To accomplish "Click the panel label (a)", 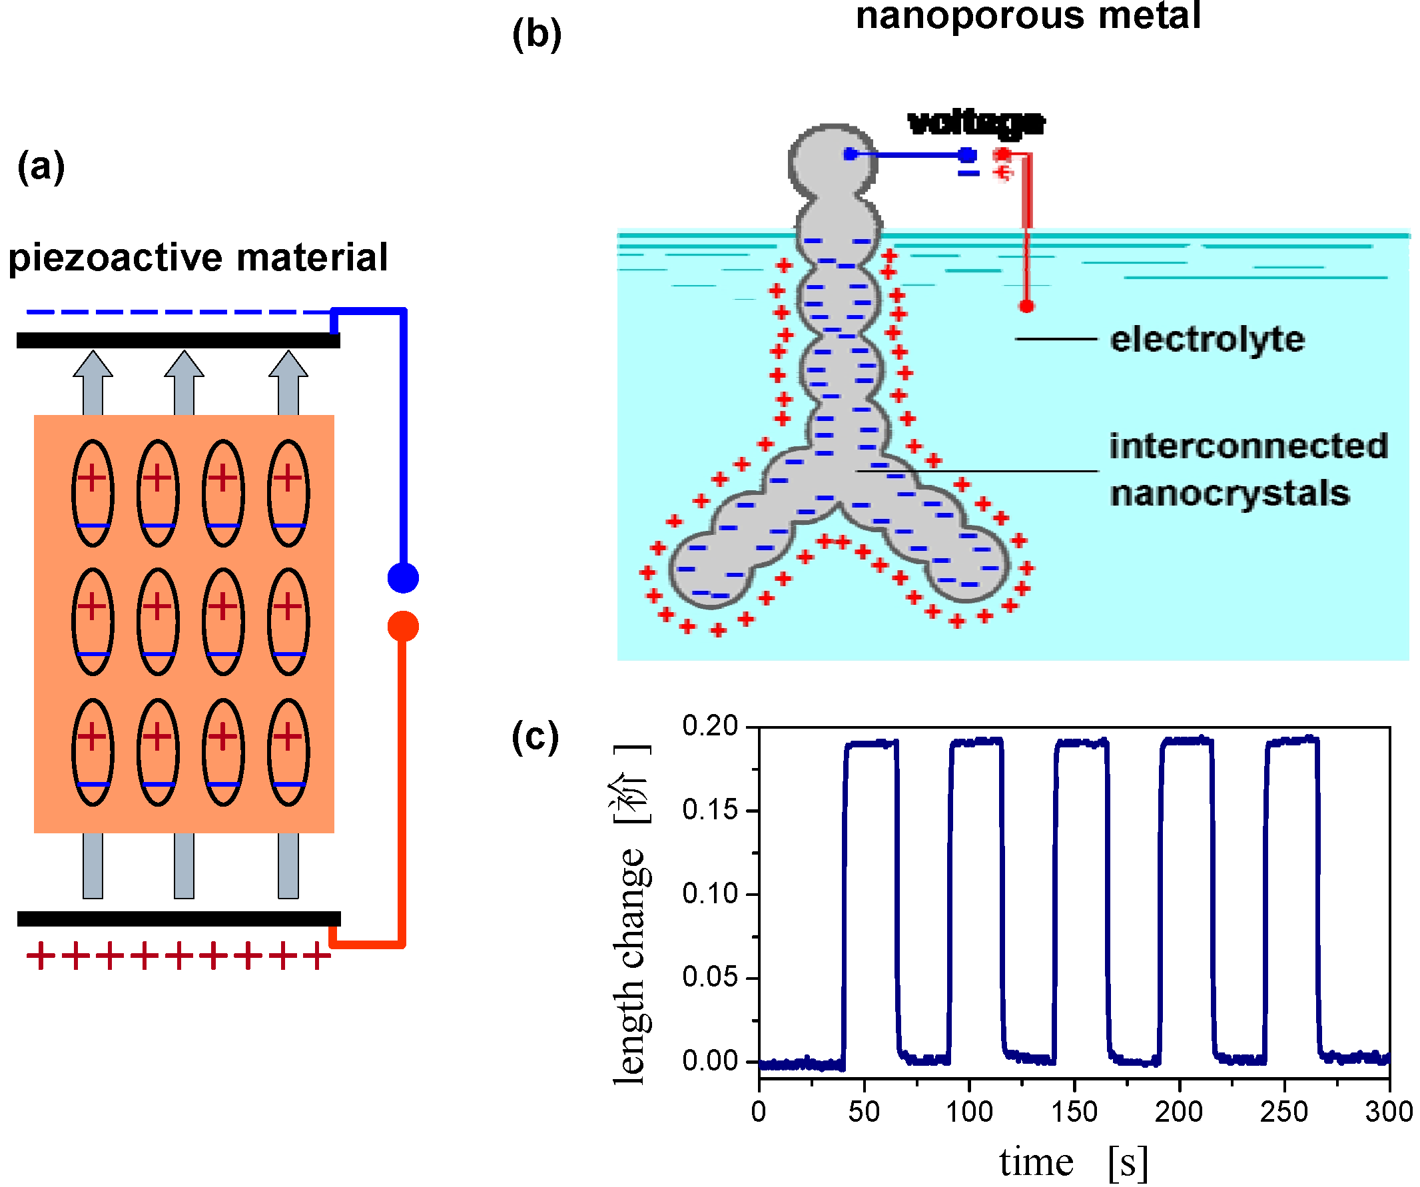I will [41, 167].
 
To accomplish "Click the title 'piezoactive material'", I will [198, 258].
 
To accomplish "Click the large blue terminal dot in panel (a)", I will [403, 578].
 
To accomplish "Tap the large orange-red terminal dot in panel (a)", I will [403, 626].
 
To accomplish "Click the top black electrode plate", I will [178, 340].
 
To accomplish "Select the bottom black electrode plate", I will [178, 919].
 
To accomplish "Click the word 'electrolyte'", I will [1207, 339].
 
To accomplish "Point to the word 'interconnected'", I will [1248, 446].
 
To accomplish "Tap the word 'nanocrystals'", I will [1230, 493].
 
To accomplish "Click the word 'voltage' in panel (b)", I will [976, 123].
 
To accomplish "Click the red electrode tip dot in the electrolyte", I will [1026, 306].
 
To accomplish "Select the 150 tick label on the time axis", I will [1074, 1112].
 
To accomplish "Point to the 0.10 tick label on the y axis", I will [710, 893].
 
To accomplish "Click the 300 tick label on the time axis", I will [1389, 1112].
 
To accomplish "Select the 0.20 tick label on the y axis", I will [710, 726].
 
